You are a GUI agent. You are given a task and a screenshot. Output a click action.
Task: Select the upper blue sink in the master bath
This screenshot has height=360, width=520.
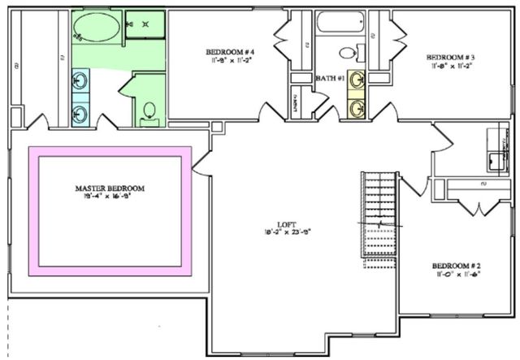[x=80, y=80]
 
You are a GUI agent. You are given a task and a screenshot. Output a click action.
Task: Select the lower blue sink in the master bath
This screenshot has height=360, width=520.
[x=80, y=113]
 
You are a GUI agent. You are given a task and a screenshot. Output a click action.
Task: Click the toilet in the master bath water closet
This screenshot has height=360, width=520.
[x=149, y=111]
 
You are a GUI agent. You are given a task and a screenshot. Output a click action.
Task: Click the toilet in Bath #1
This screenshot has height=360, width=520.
[x=347, y=53]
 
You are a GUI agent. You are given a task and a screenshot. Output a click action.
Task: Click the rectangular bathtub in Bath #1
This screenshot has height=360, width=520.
[x=340, y=22]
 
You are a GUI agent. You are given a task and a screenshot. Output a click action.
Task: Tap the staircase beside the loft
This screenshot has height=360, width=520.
[x=378, y=215]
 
